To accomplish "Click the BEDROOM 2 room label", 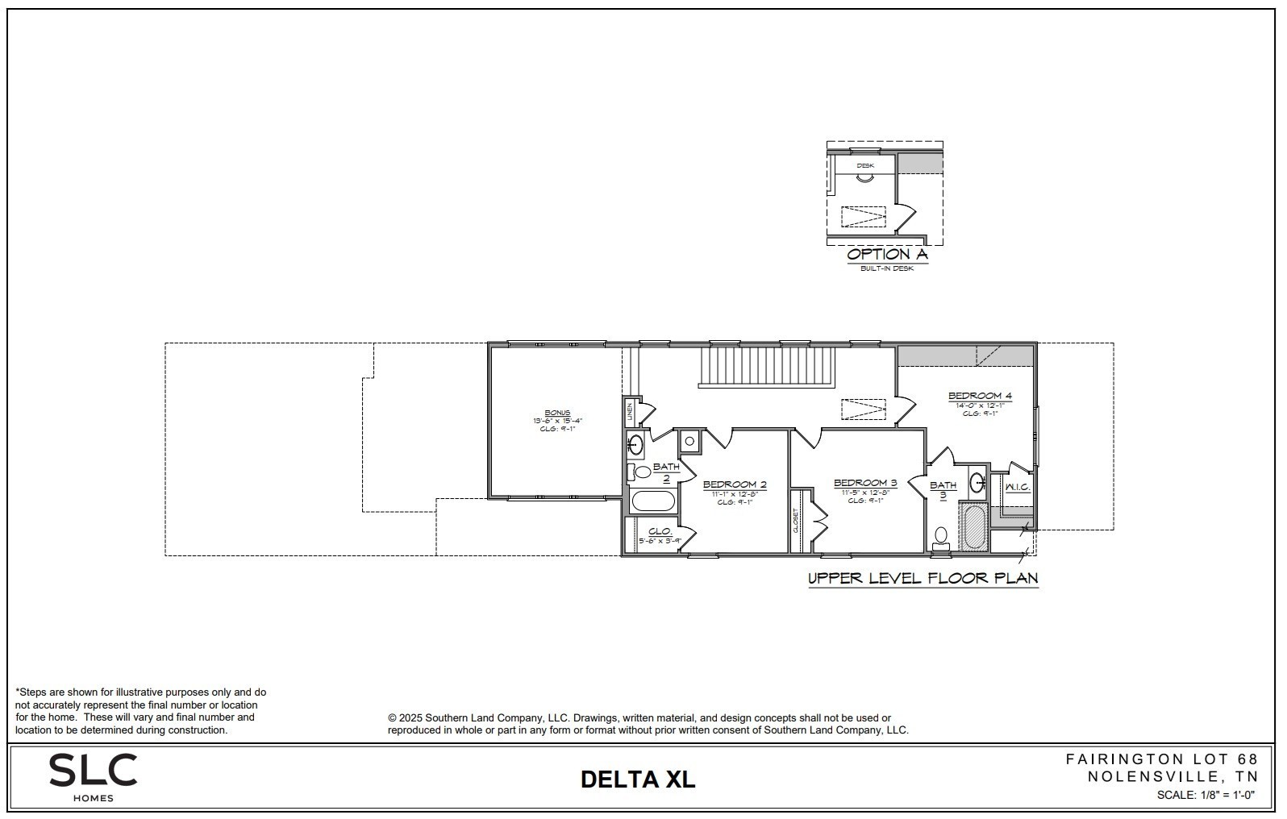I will (734, 484).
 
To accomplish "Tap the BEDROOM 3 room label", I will (865, 483).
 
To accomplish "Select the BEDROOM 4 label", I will (980, 396).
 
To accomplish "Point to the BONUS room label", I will (556, 413).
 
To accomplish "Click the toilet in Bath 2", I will (642, 472).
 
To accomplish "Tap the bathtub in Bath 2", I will (652, 501).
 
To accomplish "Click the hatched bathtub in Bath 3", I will (974, 528).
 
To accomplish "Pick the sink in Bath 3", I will (977, 483).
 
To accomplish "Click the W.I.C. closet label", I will (1017, 487).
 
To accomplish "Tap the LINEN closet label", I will (630, 412).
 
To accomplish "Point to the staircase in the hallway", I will (766, 367).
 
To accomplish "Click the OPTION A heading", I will (887, 255).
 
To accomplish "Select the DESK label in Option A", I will (865, 165).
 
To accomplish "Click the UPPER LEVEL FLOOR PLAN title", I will (923, 578).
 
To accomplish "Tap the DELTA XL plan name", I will (637, 779).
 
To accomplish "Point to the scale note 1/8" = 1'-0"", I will (1206, 795).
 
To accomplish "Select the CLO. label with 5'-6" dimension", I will (660, 532).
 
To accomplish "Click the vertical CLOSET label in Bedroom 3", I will (796, 521).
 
